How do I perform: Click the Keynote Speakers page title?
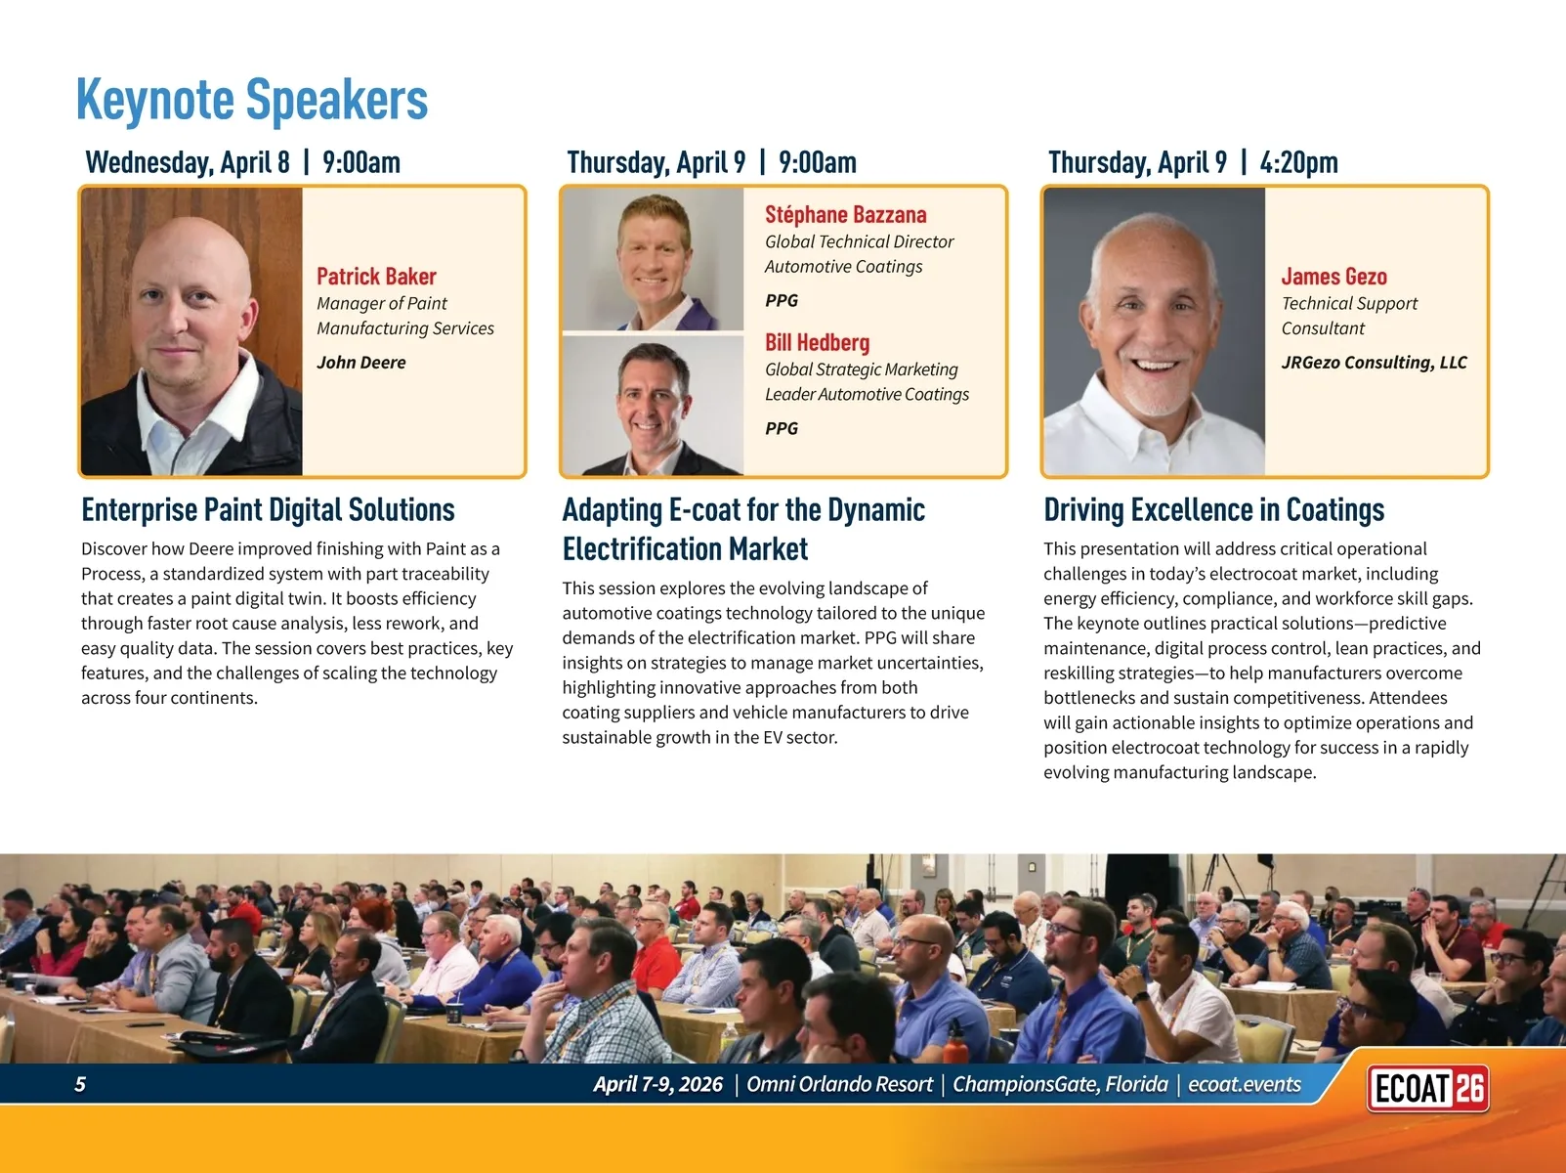point(252,100)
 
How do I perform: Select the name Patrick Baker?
point(376,277)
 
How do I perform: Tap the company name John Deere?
point(361,362)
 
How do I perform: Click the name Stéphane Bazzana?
point(845,214)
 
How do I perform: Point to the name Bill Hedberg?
point(817,342)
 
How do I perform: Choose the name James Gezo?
point(1333,277)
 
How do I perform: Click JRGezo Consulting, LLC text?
point(1375,362)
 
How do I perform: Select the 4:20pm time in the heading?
point(1298,163)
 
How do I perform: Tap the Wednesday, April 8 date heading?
point(188,163)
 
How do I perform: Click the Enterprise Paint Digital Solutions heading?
point(268,509)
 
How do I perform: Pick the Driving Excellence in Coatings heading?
point(1213,509)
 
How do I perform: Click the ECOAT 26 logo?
point(1427,1088)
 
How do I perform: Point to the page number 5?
point(80,1084)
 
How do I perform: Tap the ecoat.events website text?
point(1245,1084)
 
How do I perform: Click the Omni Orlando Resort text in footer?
point(839,1084)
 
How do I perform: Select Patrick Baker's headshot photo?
point(191,331)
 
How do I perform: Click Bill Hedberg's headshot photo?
point(653,406)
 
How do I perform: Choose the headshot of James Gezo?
point(1155,331)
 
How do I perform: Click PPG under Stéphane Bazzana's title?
point(782,300)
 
